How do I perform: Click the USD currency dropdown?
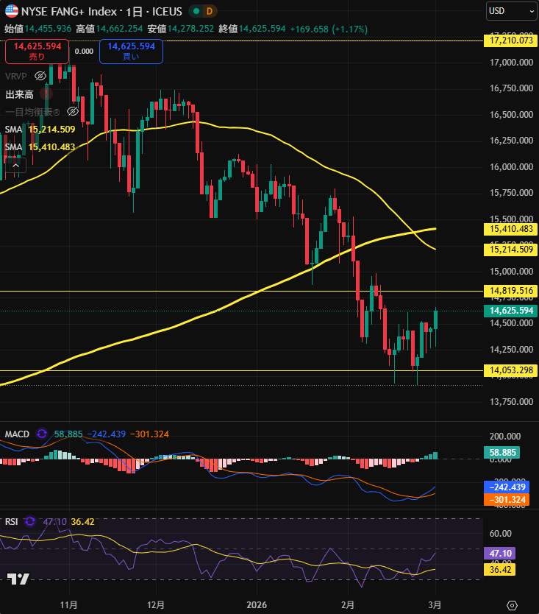tap(512, 11)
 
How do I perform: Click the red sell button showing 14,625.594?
tap(37, 51)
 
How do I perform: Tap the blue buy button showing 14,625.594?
tap(131, 51)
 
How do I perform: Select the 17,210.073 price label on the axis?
tap(511, 40)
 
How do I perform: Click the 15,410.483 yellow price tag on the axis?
tap(511, 229)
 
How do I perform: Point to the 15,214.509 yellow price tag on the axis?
tap(511, 250)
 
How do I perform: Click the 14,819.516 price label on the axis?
tap(511, 291)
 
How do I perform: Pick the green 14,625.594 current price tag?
tap(511, 311)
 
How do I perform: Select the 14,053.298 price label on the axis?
tap(511, 370)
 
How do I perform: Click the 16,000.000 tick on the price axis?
tap(511, 166)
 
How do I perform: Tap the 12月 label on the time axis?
tap(155, 604)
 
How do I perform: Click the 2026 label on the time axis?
tap(257, 604)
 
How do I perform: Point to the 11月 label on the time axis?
tap(68, 604)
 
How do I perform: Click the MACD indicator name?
tap(17, 434)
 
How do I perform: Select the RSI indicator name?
tap(12, 521)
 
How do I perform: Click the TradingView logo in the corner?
tap(18, 579)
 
